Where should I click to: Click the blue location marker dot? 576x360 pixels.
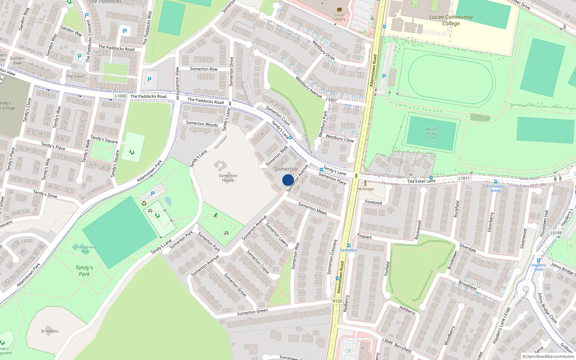(x=288, y=180)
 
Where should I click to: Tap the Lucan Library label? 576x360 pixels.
(x=339, y=17)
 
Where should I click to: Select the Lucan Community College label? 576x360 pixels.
(x=451, y=20)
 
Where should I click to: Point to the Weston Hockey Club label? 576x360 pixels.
(x=431, y=133)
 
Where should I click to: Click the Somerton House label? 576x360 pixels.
(x=228, y=178)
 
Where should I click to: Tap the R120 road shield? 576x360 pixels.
(x=337, y=301)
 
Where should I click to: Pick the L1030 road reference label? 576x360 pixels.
(x=121, y=96)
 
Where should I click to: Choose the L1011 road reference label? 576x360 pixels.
(x=464, y=178)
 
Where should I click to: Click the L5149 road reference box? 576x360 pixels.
(x=556, y=233)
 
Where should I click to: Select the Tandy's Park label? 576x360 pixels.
(x=84, y=271)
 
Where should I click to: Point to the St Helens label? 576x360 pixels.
(x=49, y=331)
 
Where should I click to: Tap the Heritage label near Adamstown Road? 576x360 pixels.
(x=365, y=189)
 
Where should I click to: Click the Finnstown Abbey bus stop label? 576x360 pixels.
(x=495, y=188)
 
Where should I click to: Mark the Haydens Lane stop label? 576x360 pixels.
(x=539, y=267)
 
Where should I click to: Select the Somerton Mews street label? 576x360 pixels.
(x=312, y=208)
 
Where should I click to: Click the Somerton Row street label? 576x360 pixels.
(x=204, y=69)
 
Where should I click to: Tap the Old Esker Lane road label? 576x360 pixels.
(x=422, y=181)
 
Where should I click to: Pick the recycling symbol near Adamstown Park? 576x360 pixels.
(x=144, y=203)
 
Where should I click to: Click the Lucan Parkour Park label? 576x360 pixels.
(x=85, y=249)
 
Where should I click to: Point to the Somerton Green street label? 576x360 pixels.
(x=252, y=312)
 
